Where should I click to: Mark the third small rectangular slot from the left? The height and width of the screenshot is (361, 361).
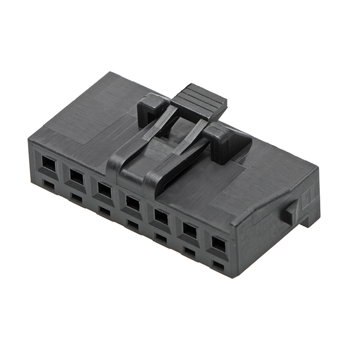[x=104, y=210]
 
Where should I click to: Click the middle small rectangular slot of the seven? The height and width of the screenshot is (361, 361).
[x=133, y=224]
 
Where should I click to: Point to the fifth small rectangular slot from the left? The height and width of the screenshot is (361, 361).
[x=161, y=237]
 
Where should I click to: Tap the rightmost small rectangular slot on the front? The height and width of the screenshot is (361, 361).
[x=218, y=265]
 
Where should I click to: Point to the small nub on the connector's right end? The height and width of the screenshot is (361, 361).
[x=291, y=212]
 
